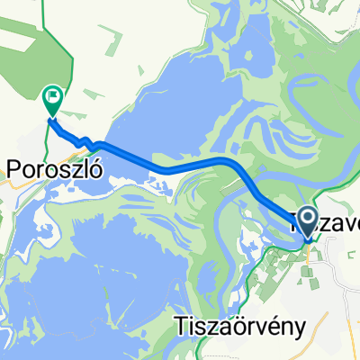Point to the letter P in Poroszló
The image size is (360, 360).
tap(15, 169)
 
